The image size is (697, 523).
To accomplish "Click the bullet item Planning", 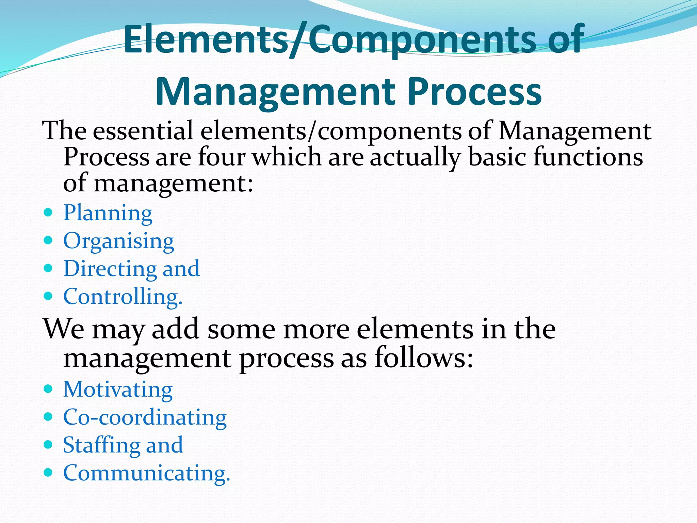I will (x=108, y=213).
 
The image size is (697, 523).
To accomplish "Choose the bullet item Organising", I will (x=119, y=241).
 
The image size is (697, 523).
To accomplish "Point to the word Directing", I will (x=110, y=269).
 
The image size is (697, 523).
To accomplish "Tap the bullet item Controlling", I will (x=123, y=297).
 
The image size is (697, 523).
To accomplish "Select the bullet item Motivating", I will (x=118, y=389).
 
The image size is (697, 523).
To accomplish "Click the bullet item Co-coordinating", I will (x=145, y=417).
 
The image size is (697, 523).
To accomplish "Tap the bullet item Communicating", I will (x=147, y=473).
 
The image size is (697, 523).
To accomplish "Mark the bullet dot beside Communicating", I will (x=48, y=473).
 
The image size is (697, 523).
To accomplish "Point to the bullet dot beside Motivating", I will (x=48, y=389).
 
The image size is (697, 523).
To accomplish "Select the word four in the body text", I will (x=222, y=157).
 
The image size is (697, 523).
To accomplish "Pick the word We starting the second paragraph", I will (x=64, y=329).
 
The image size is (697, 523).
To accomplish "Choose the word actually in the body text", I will (x=415, y=157).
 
